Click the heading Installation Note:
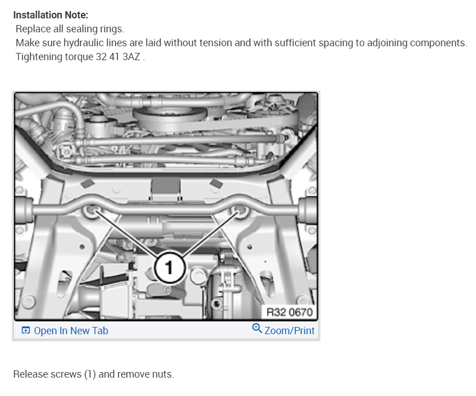(51, 15)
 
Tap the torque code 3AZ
(131, 57)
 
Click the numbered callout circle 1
(169, 268)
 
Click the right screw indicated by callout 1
(240, 209)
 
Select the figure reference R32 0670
(289, 312)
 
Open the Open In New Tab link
(71, 330)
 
